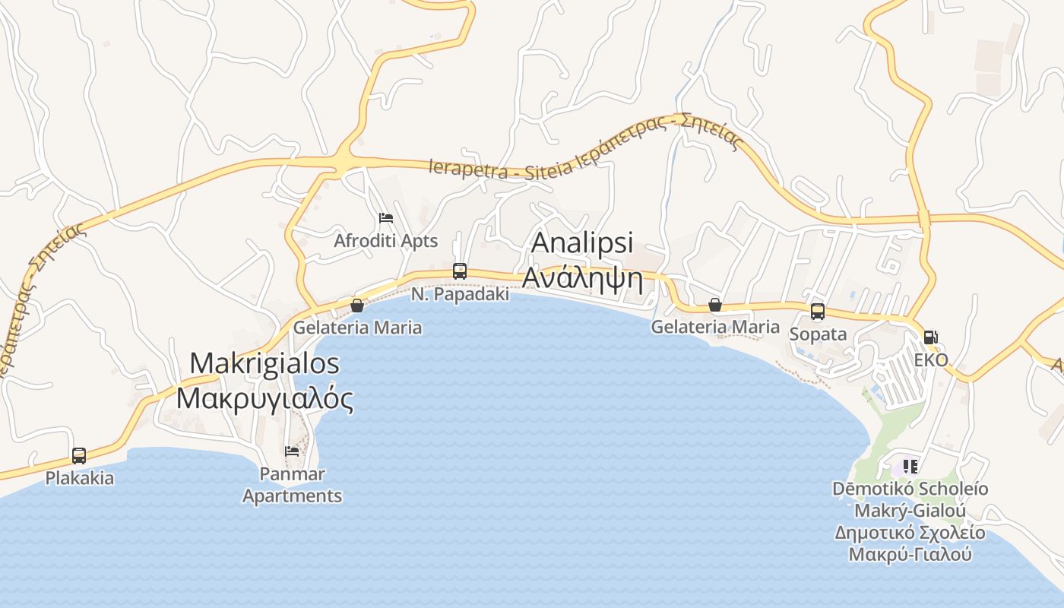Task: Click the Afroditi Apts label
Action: pos(386,241)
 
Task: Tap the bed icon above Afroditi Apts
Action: pos(386,218)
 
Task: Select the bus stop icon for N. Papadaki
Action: pos(459,271)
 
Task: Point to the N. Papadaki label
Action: pos(461,294)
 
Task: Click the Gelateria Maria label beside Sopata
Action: pos(715,327)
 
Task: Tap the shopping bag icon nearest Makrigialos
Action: pos(357,306)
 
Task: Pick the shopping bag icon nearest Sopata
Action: pos(715,305)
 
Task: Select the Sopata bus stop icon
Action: pos(818,312)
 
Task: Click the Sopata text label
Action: pos(818,334)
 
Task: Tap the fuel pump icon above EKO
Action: pos(931,337)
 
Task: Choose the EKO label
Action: pos(931,360)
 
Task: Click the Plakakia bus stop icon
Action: pos(79,456)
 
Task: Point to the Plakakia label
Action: pos(80,479)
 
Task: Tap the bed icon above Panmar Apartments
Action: pos(292,451)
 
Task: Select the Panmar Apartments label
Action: pos(293,485)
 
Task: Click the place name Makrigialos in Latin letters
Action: pos(264,363)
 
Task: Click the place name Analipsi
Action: pos(582,242)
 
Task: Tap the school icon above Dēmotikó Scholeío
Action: pos(910,466)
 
